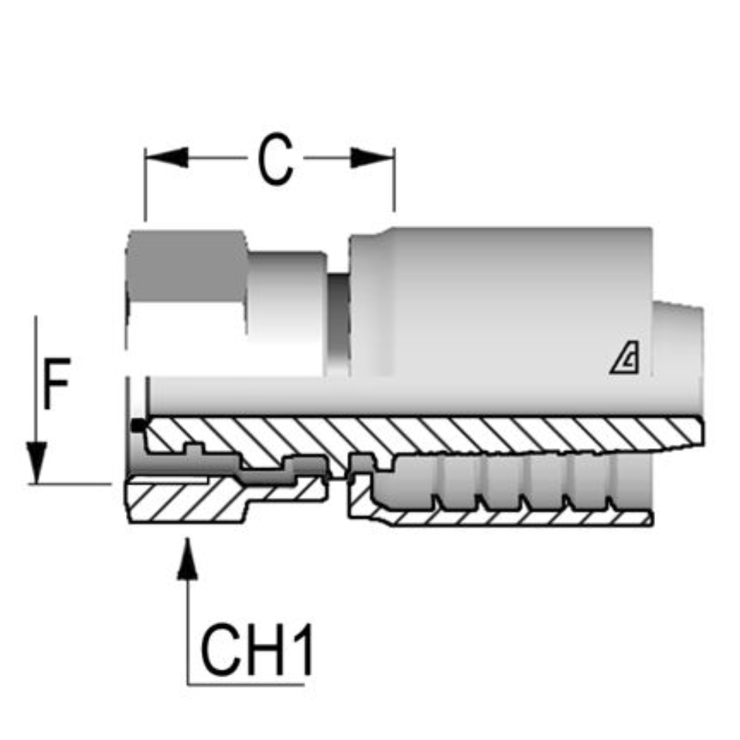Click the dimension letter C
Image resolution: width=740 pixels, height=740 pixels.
coord(275,160)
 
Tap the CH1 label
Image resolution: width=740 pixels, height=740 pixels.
coord(257,648)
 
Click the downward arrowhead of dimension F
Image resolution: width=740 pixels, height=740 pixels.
coord(37,463)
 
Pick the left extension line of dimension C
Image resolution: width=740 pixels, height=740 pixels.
coord(145,185)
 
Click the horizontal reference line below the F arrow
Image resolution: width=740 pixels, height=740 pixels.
coord(69,484)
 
